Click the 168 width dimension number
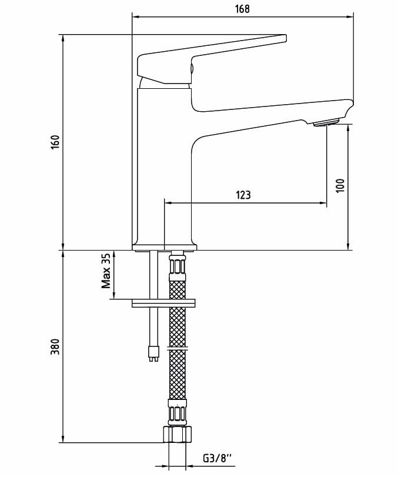pyautogui.click(x=242, y=8)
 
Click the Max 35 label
pyautogui.click(x=106, y=271)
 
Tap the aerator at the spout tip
pyautogui.click(x=326, y=122)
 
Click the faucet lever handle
pyautogui.click(x=212, y=56)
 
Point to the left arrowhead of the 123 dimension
pyautogui.click(x=168, y=204)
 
